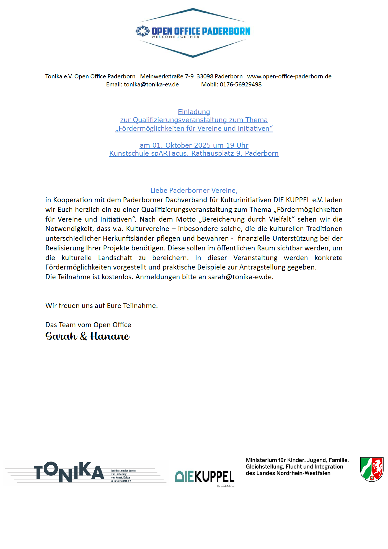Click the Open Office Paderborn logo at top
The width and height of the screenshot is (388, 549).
click(x=193, y=32)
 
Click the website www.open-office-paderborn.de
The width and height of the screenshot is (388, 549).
click(x=289, y=76)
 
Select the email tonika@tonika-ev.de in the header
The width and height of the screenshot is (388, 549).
click(x=151, y=84)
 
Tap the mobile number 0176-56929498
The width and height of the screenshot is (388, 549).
click(x=240, y=84)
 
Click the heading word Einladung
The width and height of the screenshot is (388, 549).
click(x=194, y=112)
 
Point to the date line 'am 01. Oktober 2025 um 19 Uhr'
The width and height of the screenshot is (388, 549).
click(x=194, y=145)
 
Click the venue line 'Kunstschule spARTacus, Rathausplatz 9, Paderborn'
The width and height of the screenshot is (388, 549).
click(x=194, y=153)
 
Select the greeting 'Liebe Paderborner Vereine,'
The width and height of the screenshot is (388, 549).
click(x=194, y=190)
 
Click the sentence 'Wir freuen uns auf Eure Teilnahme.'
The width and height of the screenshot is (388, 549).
click(x=102, y=306)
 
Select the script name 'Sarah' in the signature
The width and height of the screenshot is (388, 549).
click(x=61, y=336)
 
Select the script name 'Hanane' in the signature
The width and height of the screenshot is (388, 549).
click(x=110, y=336)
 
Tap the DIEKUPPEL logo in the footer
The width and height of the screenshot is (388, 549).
click(x=205, y=476)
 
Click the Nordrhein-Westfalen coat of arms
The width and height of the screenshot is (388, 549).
click(x=372, y=469)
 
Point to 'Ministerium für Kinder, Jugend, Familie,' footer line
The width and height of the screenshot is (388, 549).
click(x=297, y=460)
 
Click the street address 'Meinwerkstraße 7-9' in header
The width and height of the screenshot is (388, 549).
click(x=167, y=76)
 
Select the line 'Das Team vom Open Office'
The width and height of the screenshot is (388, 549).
click(x=88, y=325)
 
